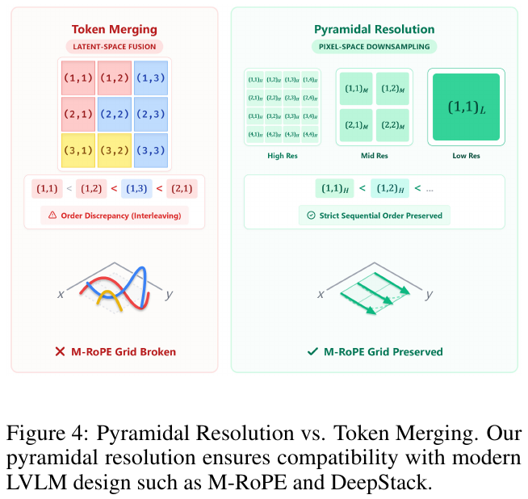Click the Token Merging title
click(x=115, y=30)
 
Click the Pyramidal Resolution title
click(x=374, y=30)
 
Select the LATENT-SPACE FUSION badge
click(x=115, y=47)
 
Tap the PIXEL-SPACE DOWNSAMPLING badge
click(x=374, y=47)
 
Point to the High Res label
click(x=283, y=156)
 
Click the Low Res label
click(x=466, y=156)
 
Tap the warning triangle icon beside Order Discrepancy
click(x=52, y=215)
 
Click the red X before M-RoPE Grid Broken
click(x=60, y=352)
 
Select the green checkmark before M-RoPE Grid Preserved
click(x=312, y=352)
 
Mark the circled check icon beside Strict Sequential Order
click(x=311, y=215)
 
